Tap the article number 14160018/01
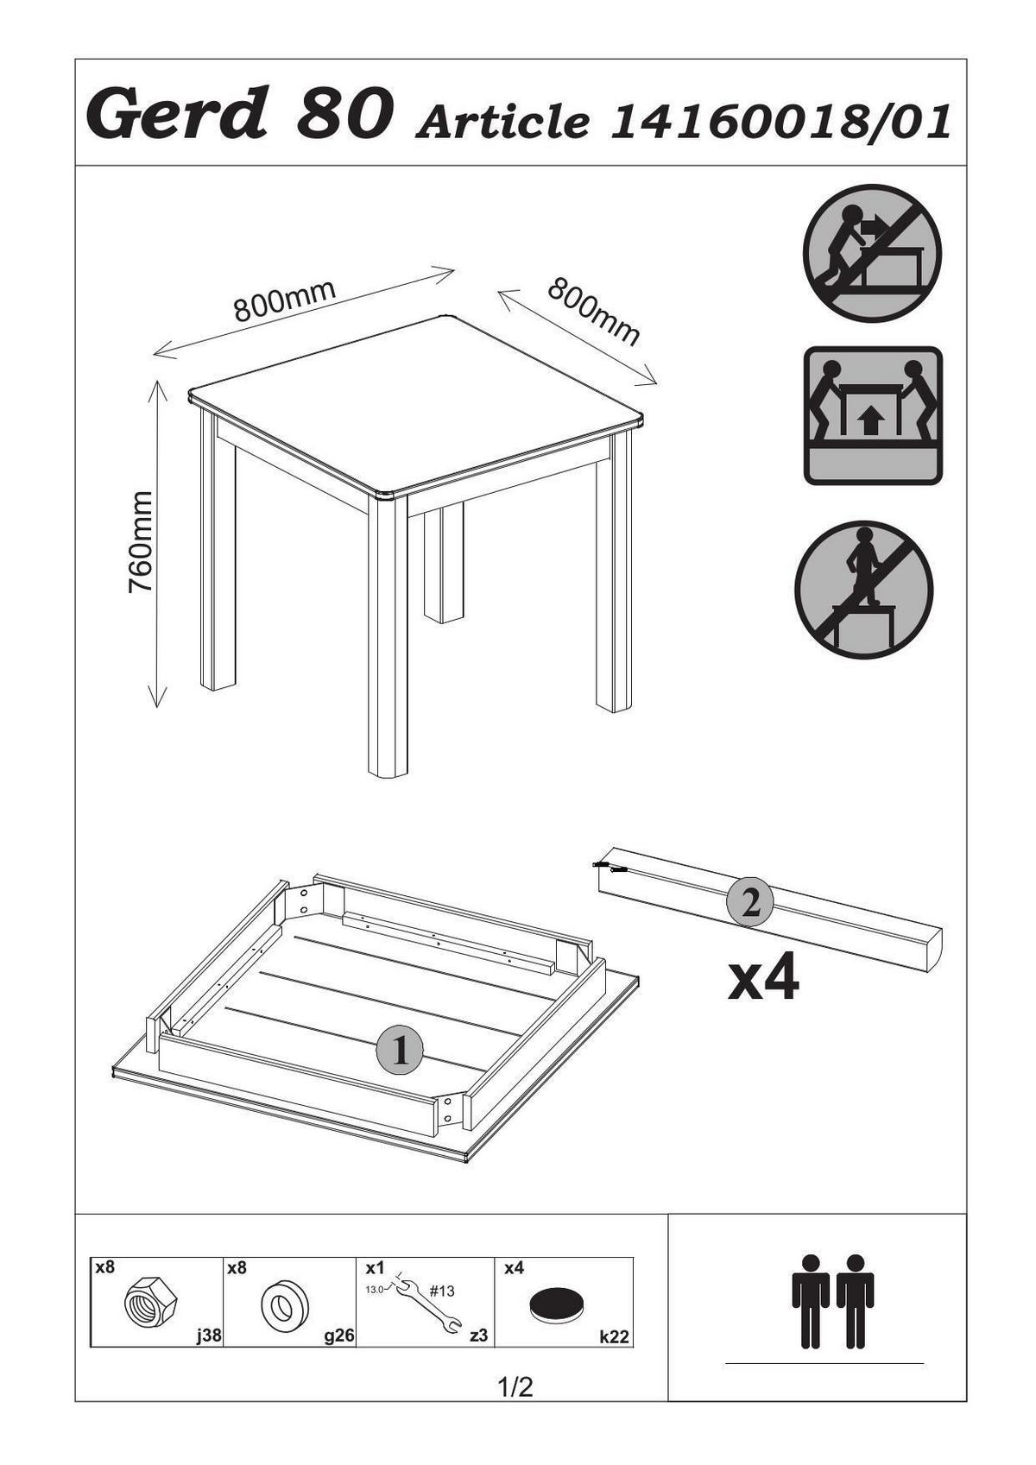pyautogui.click(x=779, y=123)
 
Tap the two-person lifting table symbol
pyautogui.click(x=873, y=415)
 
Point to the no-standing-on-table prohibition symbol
pyautogui.click(x=864, y=589)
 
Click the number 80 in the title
pyautogui.click(x=344, y=115)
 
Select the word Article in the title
pyautogui.click(x=502, y=123)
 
